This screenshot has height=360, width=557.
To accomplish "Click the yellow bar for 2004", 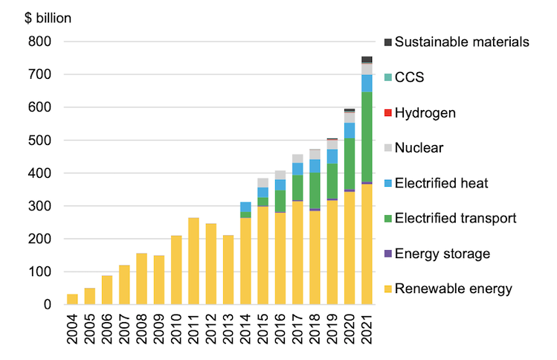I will [72, 299].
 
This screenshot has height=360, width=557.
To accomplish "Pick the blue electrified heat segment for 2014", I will [245, 207].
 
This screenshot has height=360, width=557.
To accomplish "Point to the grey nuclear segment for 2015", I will [263, 182].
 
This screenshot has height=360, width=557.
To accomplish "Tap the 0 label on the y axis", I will [46, 305].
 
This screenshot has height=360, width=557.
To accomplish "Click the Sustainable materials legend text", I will [462, 42].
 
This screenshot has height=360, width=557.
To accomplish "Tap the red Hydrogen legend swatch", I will [387, 113].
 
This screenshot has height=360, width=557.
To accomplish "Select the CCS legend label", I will [410, 77].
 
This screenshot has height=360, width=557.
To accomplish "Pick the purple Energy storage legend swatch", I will [387, 254].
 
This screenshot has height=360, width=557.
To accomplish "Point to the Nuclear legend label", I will [419, 148].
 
